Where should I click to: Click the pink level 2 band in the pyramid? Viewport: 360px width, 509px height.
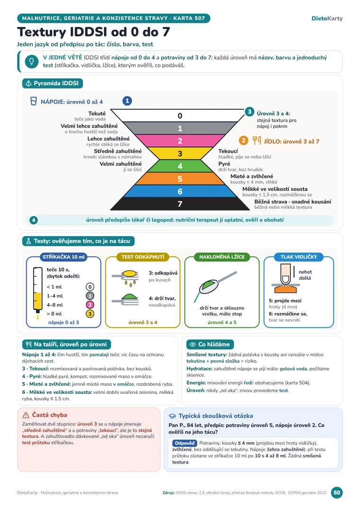pos(180,141)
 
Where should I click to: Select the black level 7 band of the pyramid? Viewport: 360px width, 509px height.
pos(180,204)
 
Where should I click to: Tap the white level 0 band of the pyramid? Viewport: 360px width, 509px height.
pos(180,116)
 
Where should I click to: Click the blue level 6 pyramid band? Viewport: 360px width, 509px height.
pos(180,191)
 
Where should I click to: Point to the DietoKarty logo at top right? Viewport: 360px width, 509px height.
pos(327,18)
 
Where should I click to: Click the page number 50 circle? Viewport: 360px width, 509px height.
pos(337,492)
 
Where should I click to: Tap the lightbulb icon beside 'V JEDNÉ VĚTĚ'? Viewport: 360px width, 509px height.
pos(31,62)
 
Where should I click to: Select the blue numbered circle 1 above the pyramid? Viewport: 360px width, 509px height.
pos(127,101)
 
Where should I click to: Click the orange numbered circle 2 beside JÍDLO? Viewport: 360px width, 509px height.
pos(243,141)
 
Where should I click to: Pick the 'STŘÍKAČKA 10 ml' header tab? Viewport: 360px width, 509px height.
pos(63,257)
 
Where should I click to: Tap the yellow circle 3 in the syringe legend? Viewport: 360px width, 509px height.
pos(90,314)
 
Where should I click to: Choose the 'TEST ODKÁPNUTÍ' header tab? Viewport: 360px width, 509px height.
pos(143,257)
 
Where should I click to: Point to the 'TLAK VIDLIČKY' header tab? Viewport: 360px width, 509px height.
pos(298,257)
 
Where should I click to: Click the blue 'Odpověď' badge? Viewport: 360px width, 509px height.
pos(185,443)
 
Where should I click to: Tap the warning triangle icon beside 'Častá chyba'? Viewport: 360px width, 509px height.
pos(26,415)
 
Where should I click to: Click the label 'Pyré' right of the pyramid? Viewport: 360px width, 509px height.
pos(225,164)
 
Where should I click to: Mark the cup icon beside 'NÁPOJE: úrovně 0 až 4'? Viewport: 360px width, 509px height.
pos(34,101)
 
